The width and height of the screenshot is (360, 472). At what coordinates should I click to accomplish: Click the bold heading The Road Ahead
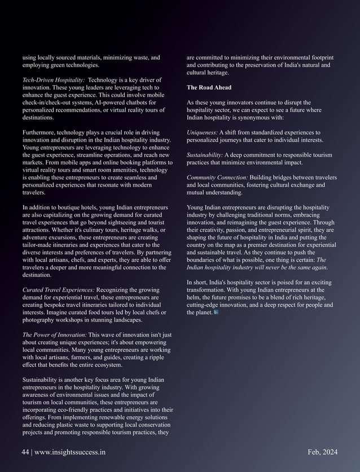(208, 87)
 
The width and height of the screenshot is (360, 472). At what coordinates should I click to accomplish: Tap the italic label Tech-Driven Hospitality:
(54, 80)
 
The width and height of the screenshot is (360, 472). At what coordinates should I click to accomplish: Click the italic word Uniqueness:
(205, 133)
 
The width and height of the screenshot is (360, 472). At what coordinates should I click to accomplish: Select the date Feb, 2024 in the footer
(323, 452)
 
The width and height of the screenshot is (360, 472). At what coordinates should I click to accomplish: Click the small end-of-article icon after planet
(216, 312)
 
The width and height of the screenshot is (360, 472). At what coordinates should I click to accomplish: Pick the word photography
(42, 320)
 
